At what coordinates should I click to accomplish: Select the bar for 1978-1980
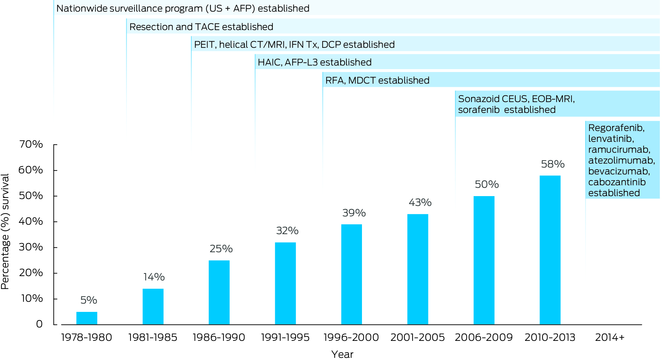(87, 318)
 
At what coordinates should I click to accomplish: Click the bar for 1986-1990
(219, 292)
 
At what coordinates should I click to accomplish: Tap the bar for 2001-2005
(418, 269)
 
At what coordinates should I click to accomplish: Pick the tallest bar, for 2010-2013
(550, 250)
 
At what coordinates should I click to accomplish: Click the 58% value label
(553, 164)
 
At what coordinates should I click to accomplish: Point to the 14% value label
(154, 277)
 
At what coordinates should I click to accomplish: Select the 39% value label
(354, 213)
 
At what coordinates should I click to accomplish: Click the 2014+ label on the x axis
(610, 338)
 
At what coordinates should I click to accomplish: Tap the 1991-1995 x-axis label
(285, 338)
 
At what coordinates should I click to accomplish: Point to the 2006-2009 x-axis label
(483, 338)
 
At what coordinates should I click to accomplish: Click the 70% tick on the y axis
(31, 144)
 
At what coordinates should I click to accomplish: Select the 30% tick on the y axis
(31, 247)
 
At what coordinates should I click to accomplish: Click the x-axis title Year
(342, 354)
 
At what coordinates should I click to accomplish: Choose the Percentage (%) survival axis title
(5, 232)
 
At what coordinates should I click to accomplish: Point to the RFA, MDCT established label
(377, 80)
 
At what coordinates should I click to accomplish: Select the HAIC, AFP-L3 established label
(315, 63)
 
